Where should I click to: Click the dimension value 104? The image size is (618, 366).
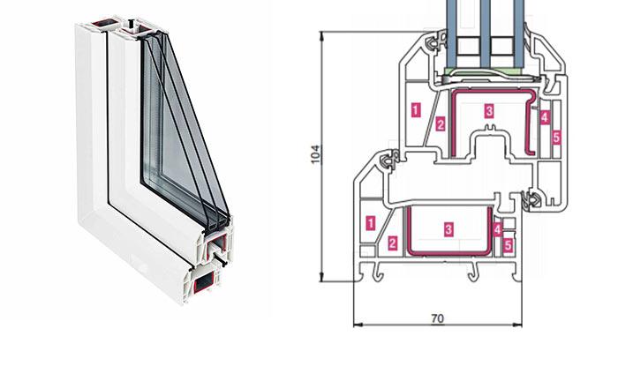point(315,154)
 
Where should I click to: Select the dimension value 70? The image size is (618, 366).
point(438,318)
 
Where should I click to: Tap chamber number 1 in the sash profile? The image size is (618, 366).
point(416,109)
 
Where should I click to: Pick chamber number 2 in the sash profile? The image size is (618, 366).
point(441,124)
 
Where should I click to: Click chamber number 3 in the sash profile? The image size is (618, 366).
point(489,111)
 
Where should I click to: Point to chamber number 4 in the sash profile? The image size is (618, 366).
point(545,117)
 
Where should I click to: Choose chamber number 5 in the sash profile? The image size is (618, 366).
point(556,138)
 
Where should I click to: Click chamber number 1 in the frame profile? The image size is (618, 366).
point(371,223)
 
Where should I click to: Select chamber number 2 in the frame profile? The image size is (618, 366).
point(392,243)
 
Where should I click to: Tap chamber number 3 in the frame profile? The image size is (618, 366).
point(448,229)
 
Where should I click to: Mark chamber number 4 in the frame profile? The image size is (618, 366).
point(497,230)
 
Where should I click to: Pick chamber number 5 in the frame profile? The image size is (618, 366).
point(508,245)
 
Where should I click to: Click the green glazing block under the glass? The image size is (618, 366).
point(485,72)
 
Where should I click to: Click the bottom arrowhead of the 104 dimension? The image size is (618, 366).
point(322,278)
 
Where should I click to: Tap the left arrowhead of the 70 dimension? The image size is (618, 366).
point(358,325)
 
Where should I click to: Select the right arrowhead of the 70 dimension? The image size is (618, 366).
point(517,325)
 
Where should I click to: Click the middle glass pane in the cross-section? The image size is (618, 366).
point(486,34)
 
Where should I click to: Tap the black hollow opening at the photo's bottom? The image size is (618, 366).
point(204,282)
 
